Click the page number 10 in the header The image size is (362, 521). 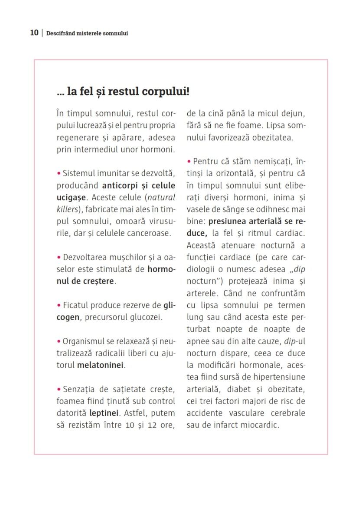(x=34, y=33)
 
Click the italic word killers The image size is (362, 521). (x=68, y=209)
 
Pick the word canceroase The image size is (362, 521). (x=148, y=233)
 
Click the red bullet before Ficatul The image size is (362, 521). (x=59, y=305)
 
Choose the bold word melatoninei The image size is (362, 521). (x=100, y=365)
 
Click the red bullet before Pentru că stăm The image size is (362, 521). (x=189, y=162)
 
